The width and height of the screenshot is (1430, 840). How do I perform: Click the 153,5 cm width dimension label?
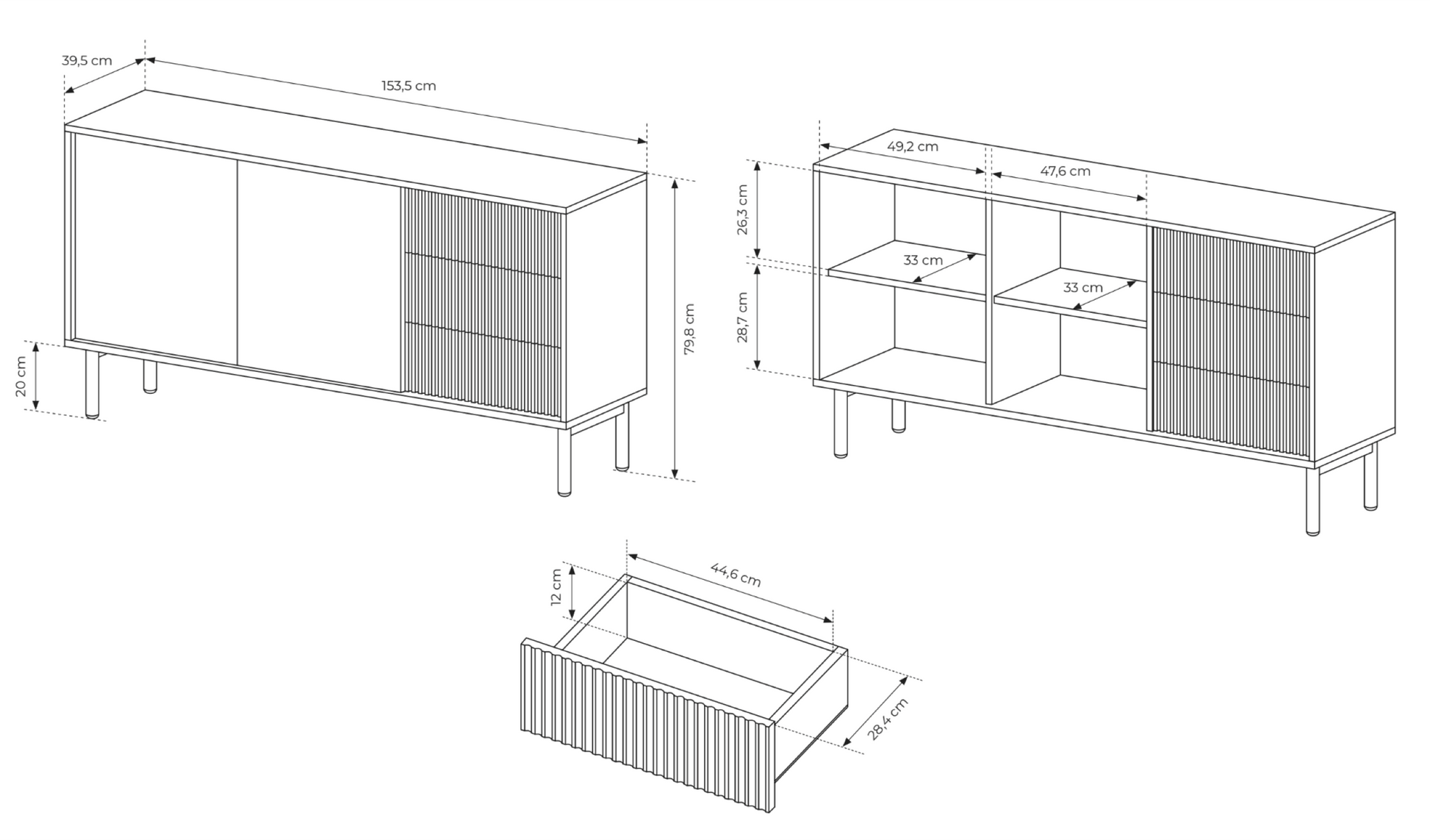(x=409, y=85)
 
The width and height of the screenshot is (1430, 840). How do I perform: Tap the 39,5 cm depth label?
(x=87, y=60)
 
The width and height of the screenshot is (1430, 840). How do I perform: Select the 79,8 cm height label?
(x=689, y=329)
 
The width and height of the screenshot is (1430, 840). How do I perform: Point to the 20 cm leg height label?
(x=21, y=376)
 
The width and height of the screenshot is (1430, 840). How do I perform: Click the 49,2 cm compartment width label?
(x=913, y=146)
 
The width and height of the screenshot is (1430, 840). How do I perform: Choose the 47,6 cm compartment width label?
(x=1065, y=171)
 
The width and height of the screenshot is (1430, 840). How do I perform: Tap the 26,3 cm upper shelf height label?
(x=742, y=209)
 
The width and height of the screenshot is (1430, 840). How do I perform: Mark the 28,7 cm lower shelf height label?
(x=742, y=317)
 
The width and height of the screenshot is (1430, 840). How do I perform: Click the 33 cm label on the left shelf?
(x=923, y=260)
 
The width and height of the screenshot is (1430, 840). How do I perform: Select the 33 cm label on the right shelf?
(x=1083, y=287)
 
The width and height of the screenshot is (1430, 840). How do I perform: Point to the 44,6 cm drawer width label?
(x=736, y=575)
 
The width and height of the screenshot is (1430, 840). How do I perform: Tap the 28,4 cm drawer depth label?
(x=888, y=719)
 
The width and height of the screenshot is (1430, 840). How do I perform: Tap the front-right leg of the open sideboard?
(x=1312, y=500)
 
